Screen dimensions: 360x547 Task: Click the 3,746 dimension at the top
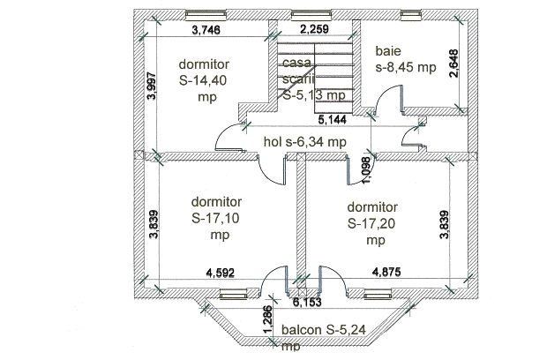[x=206, y=29]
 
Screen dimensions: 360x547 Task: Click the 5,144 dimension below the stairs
[x=333, y=118]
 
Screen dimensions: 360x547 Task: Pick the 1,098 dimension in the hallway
[x=366, y=165]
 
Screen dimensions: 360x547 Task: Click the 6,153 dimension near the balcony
[x=308, y=302]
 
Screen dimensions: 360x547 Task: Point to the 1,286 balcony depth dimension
[x=266, y=319]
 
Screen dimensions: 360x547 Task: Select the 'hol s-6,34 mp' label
[x=305, y=141]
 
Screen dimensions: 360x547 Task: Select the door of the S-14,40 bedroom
[x=229, y=137]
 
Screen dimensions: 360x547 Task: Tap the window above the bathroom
[x=411, y=15]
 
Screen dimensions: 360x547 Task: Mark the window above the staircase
[x=304, y=15]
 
